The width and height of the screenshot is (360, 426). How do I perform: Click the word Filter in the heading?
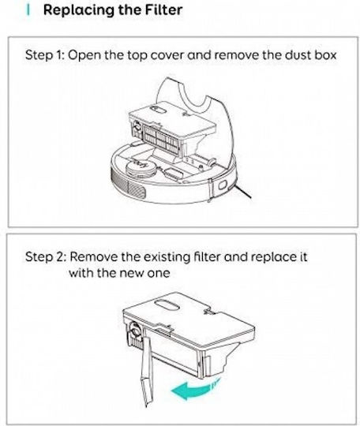pos(163,10)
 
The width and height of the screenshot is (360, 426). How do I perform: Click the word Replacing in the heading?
pos(79,11)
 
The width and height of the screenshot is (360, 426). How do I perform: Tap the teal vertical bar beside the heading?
pos(28,10)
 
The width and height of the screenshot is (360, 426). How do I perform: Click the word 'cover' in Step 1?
pos(167,56)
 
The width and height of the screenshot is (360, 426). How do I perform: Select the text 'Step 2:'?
pos(46,256)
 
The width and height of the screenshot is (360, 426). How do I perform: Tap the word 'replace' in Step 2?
pos(272,257)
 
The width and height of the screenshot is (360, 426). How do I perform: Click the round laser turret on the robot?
pos(141,168)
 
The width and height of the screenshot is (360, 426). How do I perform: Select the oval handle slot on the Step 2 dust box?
pos(167,305)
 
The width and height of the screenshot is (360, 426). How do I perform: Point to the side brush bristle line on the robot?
pos(242,191)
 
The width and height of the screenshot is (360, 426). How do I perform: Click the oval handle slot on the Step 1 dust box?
pos(158,110)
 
